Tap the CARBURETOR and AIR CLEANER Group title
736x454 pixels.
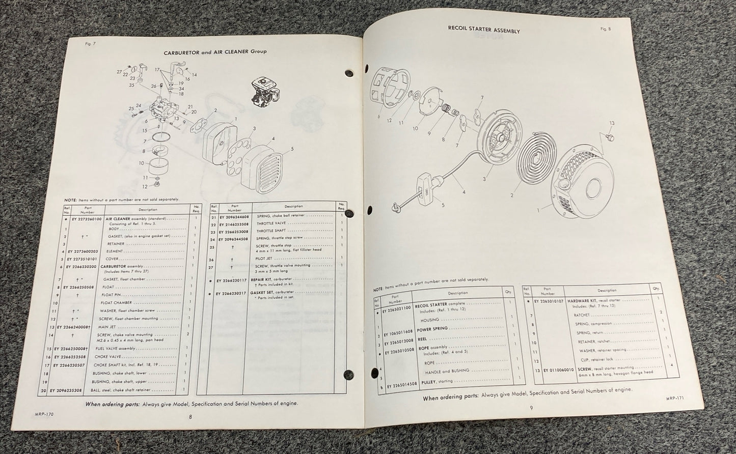[x=215, y=51]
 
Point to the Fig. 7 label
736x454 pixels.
[x=90, y=44]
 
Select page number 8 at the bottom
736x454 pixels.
[x=190, y=416]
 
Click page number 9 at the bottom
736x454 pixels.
[x=531, y=407]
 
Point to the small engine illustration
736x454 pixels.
[x=264, y=94]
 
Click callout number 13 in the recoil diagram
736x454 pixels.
[x=611, y=123]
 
